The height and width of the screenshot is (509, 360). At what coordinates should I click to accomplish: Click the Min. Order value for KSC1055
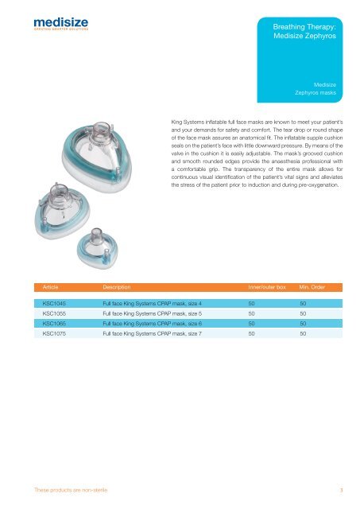[302, 314]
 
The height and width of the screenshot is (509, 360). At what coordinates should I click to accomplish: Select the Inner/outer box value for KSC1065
[252, 324]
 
